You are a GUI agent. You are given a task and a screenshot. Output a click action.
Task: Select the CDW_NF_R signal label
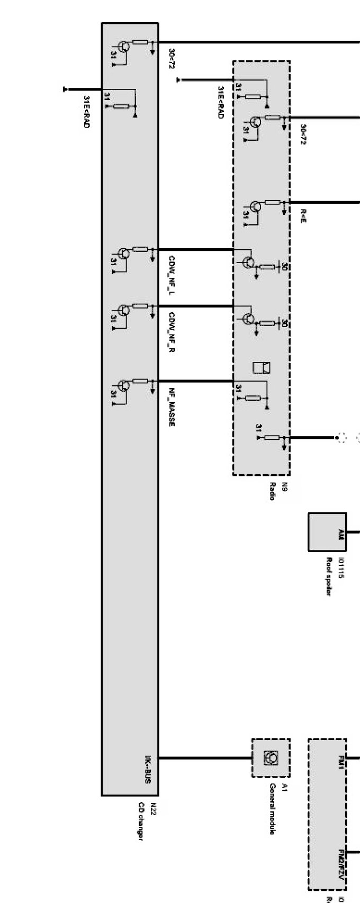(x=172, y=332)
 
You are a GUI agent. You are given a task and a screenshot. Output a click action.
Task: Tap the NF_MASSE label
(x=172, y=407)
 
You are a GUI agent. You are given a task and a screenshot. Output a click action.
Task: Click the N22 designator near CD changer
(x=152, y=809)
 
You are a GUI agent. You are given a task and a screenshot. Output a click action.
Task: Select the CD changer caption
(x=140, y=821)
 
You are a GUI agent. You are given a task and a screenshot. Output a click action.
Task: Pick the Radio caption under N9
(x=272, y=491)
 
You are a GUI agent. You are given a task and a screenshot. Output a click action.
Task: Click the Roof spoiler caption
(x=329, y=576)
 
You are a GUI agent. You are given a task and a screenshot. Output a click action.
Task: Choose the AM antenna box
(x=327, y=532)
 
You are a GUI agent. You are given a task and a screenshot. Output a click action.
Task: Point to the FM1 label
(x=340, y=763)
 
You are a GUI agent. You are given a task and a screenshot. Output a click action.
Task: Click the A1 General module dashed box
(x=271, y=758)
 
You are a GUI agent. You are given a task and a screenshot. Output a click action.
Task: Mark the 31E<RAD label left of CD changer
(x=86, y=112)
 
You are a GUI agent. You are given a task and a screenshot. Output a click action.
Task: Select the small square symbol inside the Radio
(x=262, y=367)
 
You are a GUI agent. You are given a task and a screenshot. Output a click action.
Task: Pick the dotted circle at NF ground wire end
(x=340, y=438)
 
